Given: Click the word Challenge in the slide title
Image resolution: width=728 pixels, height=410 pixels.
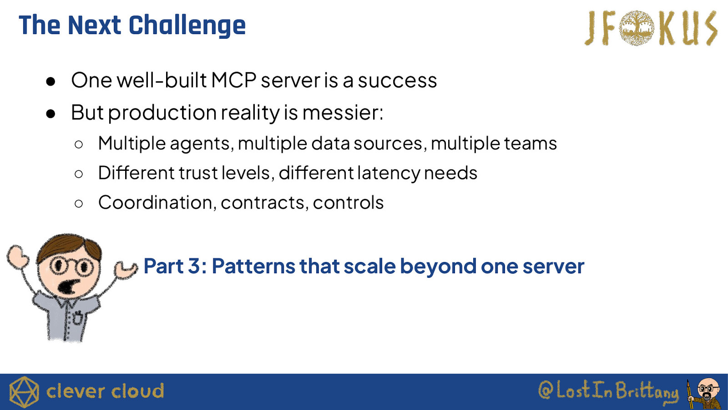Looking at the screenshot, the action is [x=187, y=26].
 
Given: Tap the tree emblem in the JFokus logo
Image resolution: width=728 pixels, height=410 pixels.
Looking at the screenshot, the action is [x=637, y=28].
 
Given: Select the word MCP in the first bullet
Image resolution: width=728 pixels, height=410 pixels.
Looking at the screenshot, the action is [x=233, y=80].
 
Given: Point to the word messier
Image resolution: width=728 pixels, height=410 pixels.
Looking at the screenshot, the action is [x=343, y=113].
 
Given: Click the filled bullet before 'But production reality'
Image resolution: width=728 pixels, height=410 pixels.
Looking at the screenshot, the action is [x=51, y=113].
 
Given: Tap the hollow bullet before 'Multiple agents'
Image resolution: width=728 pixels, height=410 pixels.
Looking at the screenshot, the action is [x=79, y=144].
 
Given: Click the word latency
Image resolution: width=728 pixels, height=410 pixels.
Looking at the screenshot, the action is [x=389, y=174].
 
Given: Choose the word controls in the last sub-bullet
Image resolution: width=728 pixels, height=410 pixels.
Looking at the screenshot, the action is [x=348, y=202].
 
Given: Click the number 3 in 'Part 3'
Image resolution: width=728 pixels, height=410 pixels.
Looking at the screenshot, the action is [x=194, y=266].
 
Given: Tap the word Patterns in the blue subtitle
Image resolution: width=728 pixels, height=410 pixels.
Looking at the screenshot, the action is [x=254, y=266].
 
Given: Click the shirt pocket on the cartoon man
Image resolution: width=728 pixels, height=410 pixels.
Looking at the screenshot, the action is [x=78, y=318].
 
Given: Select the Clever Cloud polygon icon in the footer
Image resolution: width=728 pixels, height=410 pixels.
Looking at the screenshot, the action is [x=24, y=392].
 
